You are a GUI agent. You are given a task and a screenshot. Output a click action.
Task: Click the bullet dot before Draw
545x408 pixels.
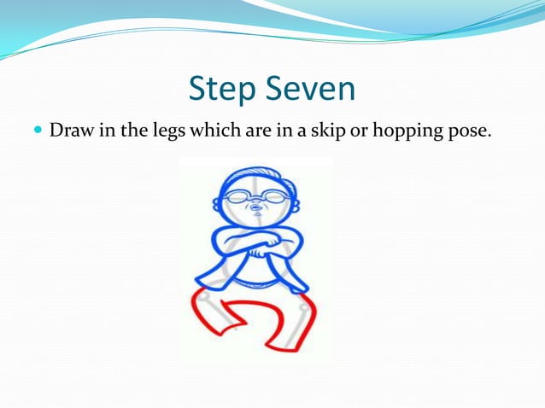38,131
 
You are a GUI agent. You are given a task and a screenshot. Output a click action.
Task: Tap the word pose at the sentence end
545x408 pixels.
471,132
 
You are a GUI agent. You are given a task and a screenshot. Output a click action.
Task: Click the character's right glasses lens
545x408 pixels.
272,197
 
